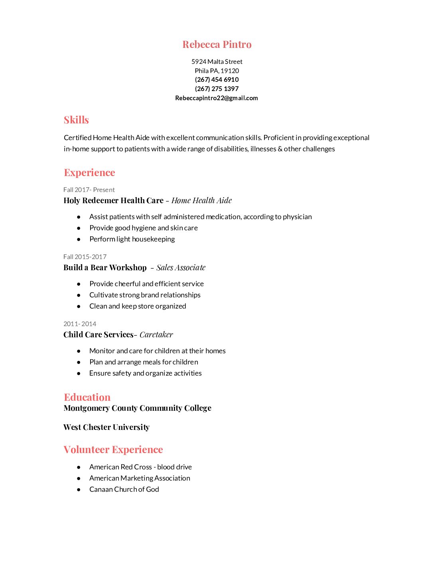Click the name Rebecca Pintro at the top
pyautogui.click(x=217, y=44)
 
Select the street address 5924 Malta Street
pyautogui.click(x=217, y=61)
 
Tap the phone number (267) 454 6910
pyautogui.click(x=217, y=79)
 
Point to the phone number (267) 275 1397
pyautogui.click(x=217, y=89)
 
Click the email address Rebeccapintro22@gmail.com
pyautogui.click(x=217, y=98)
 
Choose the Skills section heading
pyautogui.click(x=76, y=120)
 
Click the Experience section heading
pyautogui.click(x=89, y=172)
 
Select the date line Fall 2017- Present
pyautogui.click(x=89, y=190)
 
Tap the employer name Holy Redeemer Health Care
pyautogui.click(x=113, y=200)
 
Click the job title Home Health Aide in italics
pyautogui.click(x=201, y=200)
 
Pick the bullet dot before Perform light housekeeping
pyautogui.click(x=79, y=239)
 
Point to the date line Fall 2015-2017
pyautogui.click(x=85, y=257)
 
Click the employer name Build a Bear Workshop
pyautogui.click(x=105, y=267)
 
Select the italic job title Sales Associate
pyautogui.click(x=181, y=267)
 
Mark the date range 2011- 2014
pyautogui.click(x=80, y=324)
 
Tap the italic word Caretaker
pyautogui.click(x=156, y=334)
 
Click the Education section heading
pyautogui.click(x=87, y=397)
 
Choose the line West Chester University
pyautogui.click(x=107, y=427)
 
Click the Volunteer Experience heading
pyautogui.click(x=113, y=449)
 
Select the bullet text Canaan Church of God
pyautogui.click(x=124, y=489)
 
